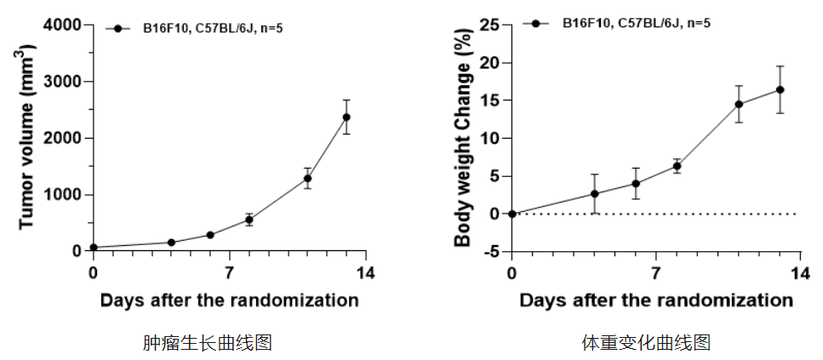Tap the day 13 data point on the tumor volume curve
(346, 117)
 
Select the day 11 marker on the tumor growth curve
(307, 178)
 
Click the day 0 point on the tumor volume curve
(94, 248)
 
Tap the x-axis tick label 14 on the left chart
(366, 273)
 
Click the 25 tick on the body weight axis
(489, 26)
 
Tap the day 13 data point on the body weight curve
(780, 89)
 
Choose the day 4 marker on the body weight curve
(595, 194)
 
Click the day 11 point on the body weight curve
(739, 105)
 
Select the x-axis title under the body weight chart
(655, 300)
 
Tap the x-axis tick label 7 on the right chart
(655, 273)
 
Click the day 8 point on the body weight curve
(677, 166)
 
